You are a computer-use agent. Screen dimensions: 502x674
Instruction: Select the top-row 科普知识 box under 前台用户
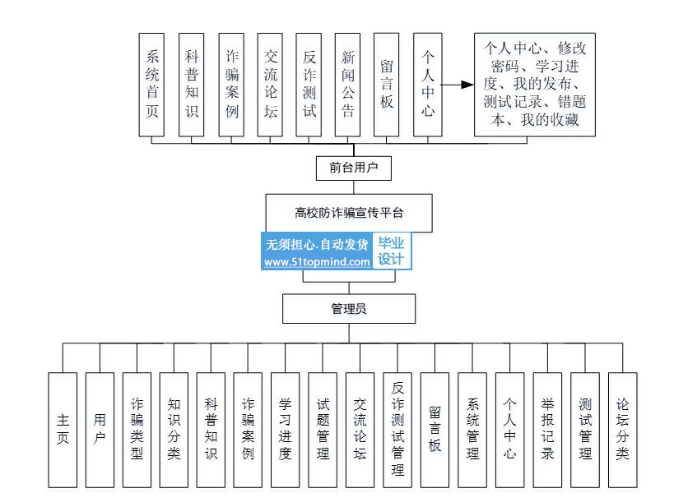point(192,84)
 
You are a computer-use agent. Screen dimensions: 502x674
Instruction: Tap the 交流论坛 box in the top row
point(271,84)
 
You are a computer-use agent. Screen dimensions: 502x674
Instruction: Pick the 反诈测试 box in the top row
point(309,84)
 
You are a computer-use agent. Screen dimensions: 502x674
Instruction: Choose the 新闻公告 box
point(348,84)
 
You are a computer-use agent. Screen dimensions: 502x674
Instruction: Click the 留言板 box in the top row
point(387,84)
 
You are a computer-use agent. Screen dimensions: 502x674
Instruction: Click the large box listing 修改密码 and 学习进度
point(535,84)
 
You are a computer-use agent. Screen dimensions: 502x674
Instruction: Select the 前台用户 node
point(354,168)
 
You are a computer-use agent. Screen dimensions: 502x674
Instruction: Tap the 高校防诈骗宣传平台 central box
point(349,213)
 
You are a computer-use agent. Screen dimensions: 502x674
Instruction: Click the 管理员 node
point(349,309)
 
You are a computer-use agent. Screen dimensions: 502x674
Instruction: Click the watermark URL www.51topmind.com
point(317,262)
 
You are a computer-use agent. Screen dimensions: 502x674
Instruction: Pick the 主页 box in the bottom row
point(63,430)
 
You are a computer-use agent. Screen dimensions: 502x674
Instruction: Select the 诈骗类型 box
point(137,430)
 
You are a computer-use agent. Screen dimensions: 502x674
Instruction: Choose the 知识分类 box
point(174,430)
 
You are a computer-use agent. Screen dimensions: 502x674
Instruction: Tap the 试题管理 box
point(323,430)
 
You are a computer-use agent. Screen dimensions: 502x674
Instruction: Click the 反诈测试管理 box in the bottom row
point(397,430)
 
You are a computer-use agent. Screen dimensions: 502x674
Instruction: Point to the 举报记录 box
point(547,430)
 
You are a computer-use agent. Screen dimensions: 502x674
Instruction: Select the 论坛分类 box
point(622,430)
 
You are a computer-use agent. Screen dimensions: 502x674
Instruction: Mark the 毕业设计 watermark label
point(392,251)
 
